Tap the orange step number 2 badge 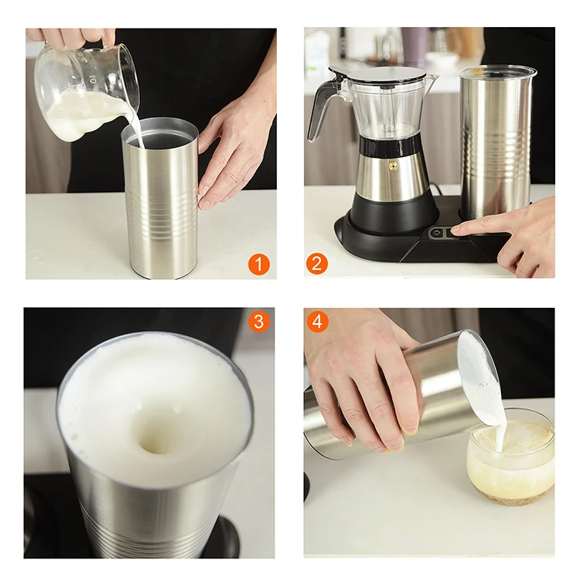click(x=317, y=264)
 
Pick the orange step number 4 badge click(x=317, y=320)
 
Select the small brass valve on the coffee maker click(x=394, y=165)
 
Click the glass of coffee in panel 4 click(x=510, y=460)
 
